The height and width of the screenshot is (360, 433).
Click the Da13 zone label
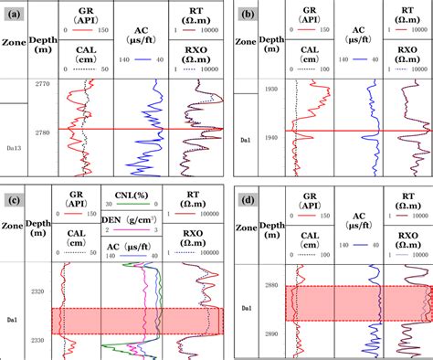[15, 148]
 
